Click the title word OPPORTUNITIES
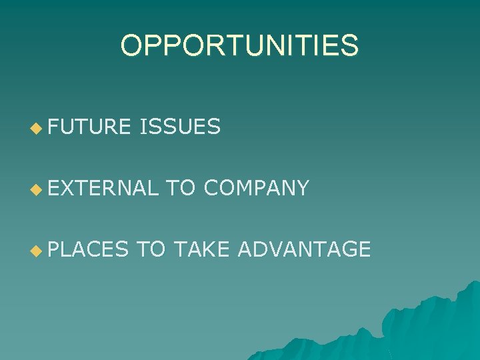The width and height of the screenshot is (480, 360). click(239, 46)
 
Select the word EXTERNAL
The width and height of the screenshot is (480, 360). click(103, 188)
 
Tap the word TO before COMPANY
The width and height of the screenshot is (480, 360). click(181, 188)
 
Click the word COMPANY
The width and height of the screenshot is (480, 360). click(256, 188)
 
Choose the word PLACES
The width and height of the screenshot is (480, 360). click(87, 250)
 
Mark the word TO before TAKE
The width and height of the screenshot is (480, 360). click(150, 250)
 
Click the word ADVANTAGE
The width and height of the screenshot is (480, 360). click(304, 250)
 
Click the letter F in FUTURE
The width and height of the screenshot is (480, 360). click(54, 126)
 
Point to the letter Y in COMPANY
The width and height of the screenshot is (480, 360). click(301, 188)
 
